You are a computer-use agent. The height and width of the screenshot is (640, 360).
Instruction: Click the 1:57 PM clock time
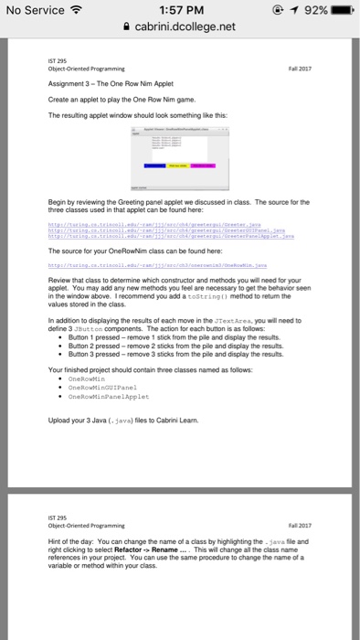[179, 10]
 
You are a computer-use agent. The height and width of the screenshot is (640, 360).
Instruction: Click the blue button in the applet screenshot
[156, 165]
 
